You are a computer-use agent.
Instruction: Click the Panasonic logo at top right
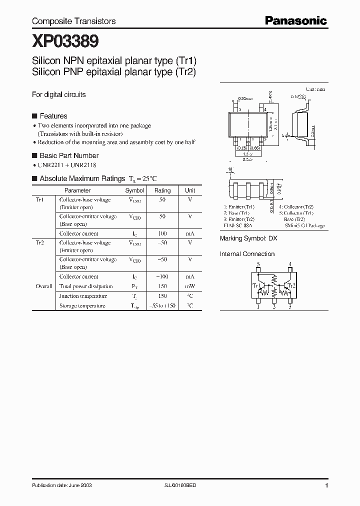[295, 20]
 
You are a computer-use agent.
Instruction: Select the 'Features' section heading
[53, 116]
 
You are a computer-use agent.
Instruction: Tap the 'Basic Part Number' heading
[69, 155]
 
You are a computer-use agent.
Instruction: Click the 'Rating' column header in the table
[162, 190]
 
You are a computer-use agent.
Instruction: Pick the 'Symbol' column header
[134, 190]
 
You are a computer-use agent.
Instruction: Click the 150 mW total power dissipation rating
[162, 286]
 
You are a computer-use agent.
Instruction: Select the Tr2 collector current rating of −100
[162, 276]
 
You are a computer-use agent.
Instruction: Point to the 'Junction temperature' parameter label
[82, 296]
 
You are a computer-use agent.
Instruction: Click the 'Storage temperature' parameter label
[82, 305]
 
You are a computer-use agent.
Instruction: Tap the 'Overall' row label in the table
[44, 286]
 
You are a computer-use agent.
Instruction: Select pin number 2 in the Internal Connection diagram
[274, 307]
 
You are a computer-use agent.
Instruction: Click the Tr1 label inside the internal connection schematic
[257, 285]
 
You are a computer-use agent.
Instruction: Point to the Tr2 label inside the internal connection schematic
[291, 285]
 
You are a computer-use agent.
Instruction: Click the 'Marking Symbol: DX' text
[248, 239]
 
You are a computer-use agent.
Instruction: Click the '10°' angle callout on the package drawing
[230, 169]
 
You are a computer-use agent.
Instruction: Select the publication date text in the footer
[61, 485]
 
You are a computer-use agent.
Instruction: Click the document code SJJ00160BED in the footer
[181, 485]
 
